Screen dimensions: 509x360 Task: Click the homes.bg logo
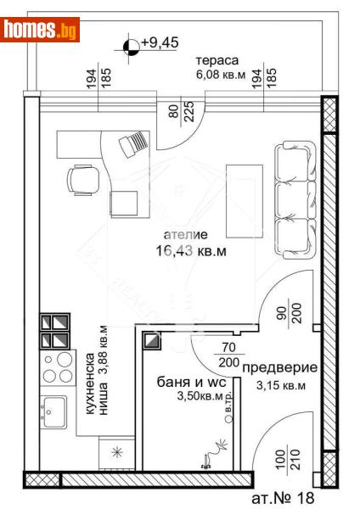tap(41, 31)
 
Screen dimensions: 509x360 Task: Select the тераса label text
tap(217, 61)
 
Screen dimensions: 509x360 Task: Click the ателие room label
tap(184, 234)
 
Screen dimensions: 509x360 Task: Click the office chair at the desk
tap(82, 178)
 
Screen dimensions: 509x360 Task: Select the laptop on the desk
tap(132, 146)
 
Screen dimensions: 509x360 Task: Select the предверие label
tap(279, 368)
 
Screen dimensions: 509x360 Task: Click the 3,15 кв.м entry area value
tap(279, 385)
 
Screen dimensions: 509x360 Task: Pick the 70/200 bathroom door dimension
tap(225, 355)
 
